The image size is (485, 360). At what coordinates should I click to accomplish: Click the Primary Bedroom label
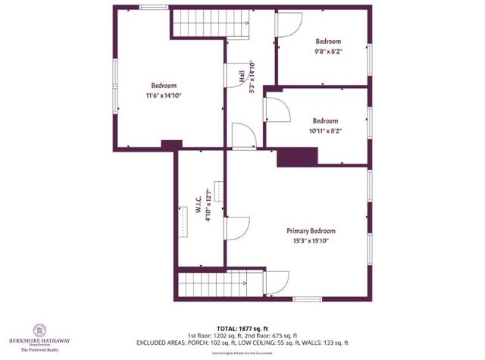[311, 230]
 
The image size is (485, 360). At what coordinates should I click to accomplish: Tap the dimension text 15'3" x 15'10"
[311, 240]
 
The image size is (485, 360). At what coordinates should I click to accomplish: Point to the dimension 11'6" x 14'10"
[164, 95]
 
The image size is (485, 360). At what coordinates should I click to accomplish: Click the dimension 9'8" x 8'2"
[328, 52]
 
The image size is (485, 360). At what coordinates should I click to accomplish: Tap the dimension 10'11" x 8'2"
[326, 130]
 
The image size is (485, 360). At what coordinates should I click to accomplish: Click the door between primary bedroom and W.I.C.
[236, 228]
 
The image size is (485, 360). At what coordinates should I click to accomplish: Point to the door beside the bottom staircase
[276, 283]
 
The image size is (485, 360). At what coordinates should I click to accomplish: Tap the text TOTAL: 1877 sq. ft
[242, 325]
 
